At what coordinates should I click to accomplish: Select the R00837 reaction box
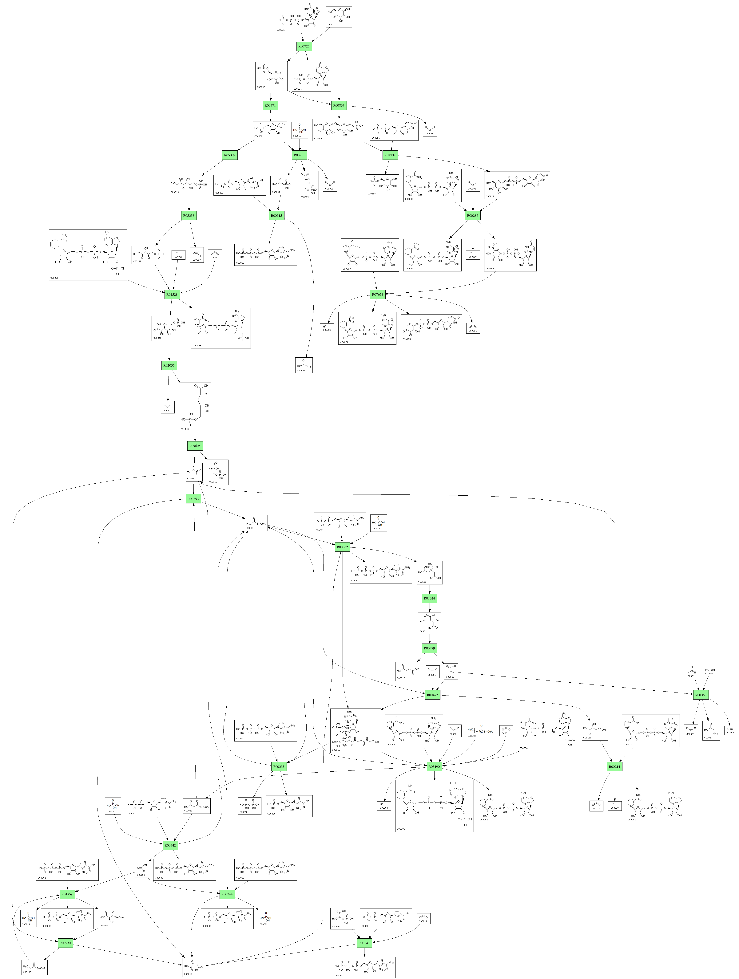(x=339, y=105)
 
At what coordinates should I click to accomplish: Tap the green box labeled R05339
(x=229, y=155)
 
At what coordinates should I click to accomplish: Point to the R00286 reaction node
(x=473, y=216)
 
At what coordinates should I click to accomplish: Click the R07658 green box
(x=378, y=294)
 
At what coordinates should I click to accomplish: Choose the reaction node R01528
(x=172, y=294)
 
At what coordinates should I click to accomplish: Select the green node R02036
(x=169, y=366)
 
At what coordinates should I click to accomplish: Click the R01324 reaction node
(x=429, y=598)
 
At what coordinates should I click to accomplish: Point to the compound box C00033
(x=304, y=365)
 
